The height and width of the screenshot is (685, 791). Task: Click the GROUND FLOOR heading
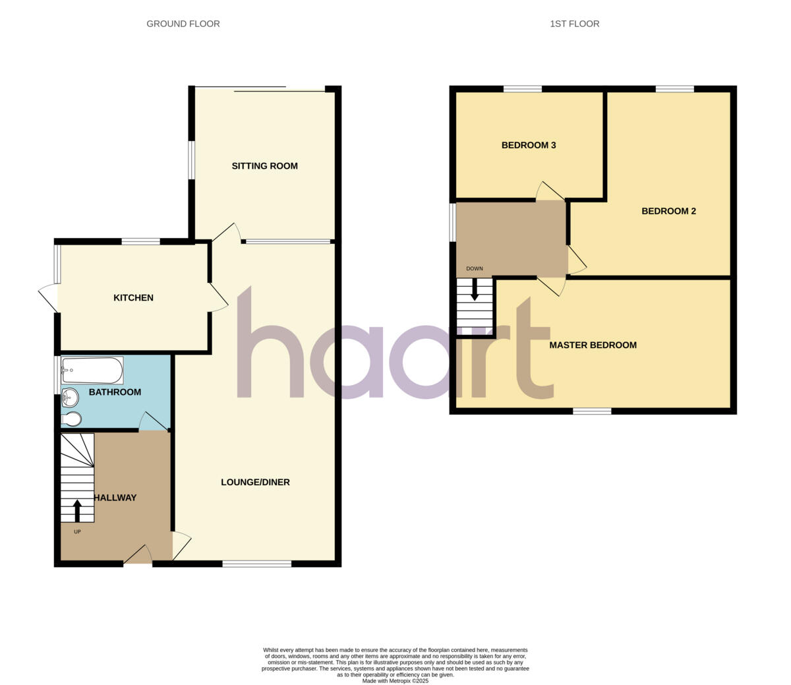click(183, 24)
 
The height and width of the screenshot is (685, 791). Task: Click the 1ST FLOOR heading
click(574, 24)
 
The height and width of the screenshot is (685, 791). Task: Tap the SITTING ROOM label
click(264, 166)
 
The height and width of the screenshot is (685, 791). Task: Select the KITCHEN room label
click(133, 298)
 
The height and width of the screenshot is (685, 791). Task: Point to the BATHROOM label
click(115, 392)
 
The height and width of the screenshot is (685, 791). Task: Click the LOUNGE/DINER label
click(255, 482)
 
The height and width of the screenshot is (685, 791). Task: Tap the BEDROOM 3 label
click(529, 145)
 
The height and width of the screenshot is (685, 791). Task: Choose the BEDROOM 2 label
click(668, 211)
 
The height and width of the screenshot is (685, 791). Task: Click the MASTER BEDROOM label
click(593, 345)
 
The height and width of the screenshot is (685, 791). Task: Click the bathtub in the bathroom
click(92, 371)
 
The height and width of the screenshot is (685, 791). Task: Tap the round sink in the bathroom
click(69, 398)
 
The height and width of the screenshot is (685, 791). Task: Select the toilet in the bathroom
click(71, 419)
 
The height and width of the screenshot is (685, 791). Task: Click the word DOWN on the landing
click(475, 269)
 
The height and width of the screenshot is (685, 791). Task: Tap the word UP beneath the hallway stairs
click(77, 531)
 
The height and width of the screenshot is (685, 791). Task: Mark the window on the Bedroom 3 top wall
click(523, 88)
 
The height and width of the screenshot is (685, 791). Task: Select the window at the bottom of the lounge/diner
click(256, 564)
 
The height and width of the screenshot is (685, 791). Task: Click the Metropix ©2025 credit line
click(395, 681)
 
